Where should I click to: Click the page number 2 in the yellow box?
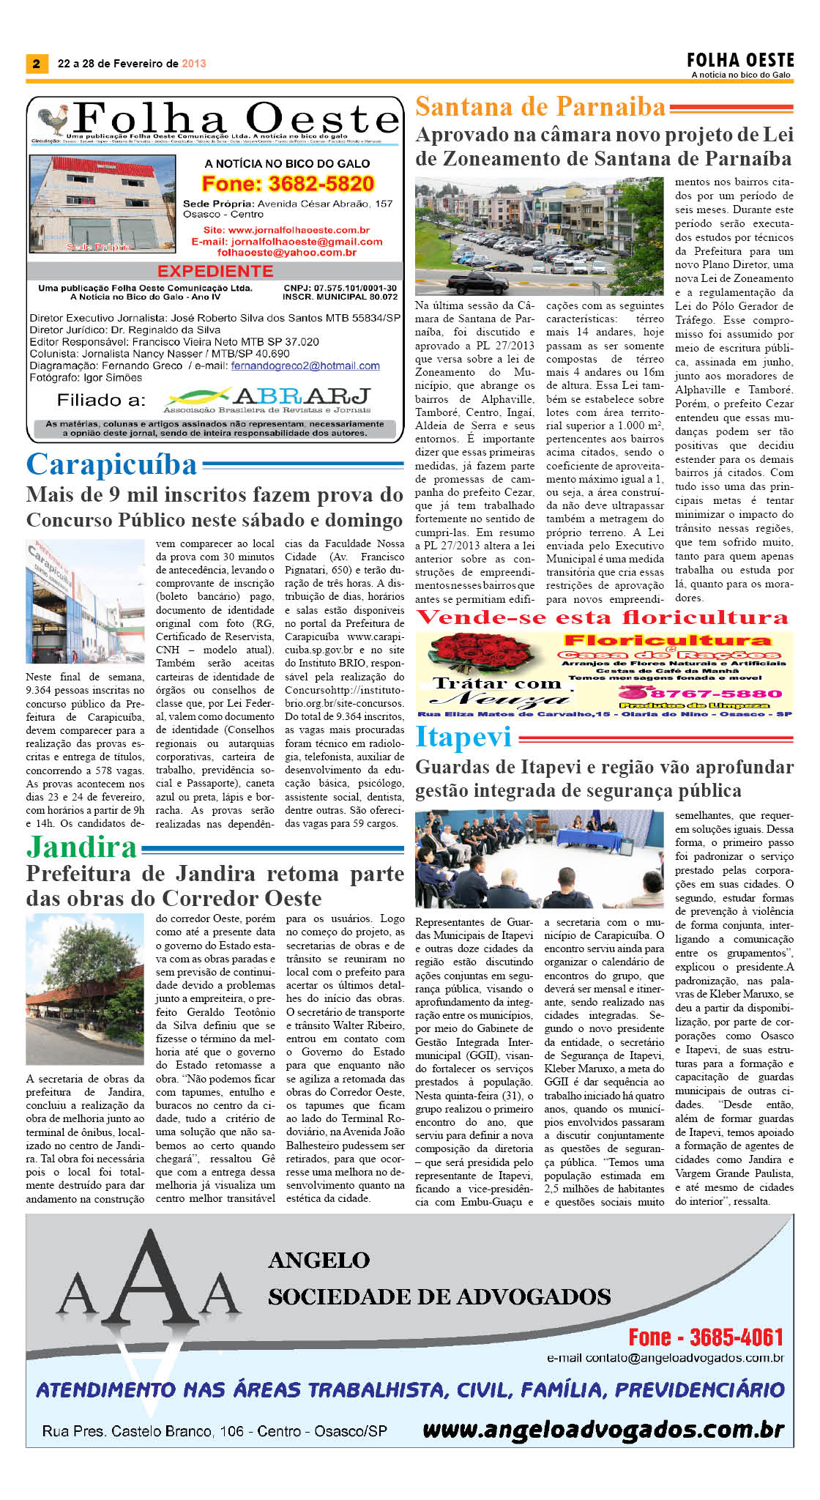click(x=36, y=64)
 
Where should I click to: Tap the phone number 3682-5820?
click(x=288, y=184)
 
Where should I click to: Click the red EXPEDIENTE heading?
click(x=215, y=271)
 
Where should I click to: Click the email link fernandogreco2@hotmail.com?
click(x=305, y=365)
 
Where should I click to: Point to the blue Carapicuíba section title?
click(x=111, y=464)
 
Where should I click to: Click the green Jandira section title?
click(x=82, y=847)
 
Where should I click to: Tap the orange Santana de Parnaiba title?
click(x=540, y=108)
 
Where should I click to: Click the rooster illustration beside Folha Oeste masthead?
click(x=53, y=120)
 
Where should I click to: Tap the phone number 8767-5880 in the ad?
click(x=708, y=693)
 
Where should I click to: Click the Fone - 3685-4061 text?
click(x=706, y=1337)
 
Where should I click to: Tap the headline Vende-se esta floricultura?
click(x=602, y=617)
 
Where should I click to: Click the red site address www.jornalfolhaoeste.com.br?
click(x=287, y=230)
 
